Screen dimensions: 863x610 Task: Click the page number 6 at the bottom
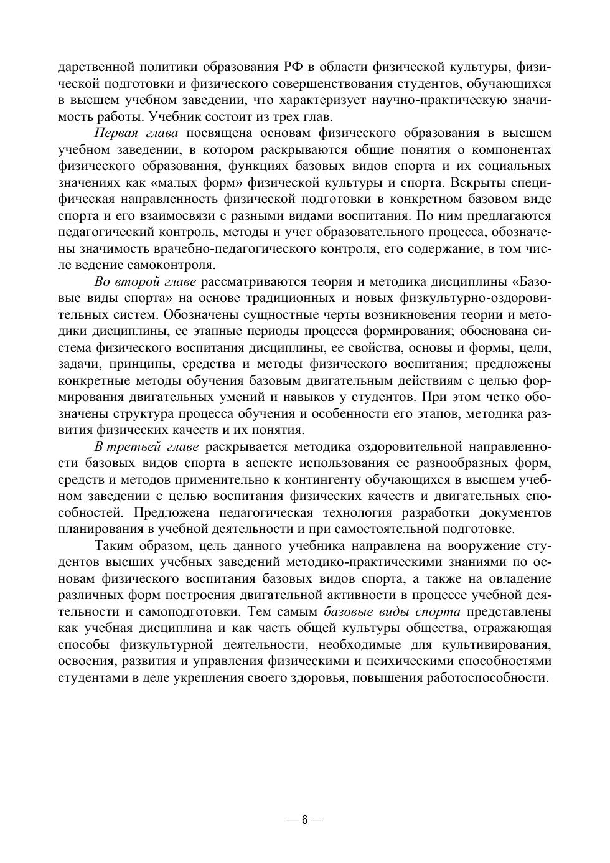[x=304, y=819]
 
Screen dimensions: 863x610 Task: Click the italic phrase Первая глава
[x=136, y=133]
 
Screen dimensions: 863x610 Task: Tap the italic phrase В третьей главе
[x=147, y=446]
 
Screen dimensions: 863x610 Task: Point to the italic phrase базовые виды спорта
[x=392, y=611]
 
